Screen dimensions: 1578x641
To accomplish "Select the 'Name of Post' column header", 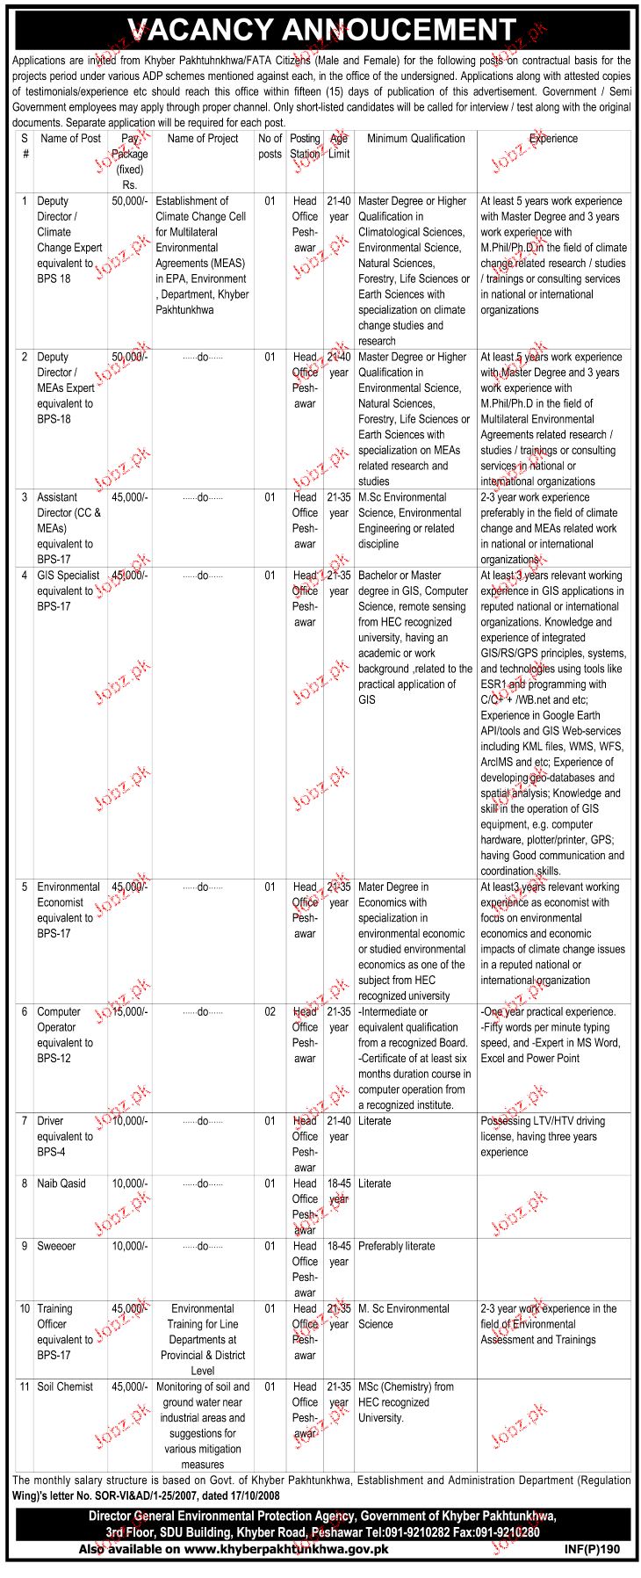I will click(71, 139).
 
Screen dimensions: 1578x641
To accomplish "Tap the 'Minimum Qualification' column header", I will click(415, 139).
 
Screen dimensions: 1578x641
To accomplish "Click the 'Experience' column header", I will click(553, 139).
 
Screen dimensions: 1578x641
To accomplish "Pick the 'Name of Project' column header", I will click(203, 139).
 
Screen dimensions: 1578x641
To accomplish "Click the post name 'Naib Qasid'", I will click(61, 1183).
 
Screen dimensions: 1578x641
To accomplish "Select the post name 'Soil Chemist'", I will click(65, 1386).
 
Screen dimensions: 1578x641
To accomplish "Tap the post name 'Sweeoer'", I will click(56, 1246).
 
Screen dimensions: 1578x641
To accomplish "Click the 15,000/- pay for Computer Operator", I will click(130, 1012).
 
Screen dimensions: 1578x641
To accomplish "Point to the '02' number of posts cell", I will click(270, 1012).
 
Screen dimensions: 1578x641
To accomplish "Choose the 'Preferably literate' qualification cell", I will click(397, 1246).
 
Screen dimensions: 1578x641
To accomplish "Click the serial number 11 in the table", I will click(25, 1386).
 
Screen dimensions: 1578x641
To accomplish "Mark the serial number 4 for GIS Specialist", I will click(25, 575).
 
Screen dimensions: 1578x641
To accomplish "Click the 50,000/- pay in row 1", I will click(130, 201).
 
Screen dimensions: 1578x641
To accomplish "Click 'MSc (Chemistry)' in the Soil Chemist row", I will click(393, 1386).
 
